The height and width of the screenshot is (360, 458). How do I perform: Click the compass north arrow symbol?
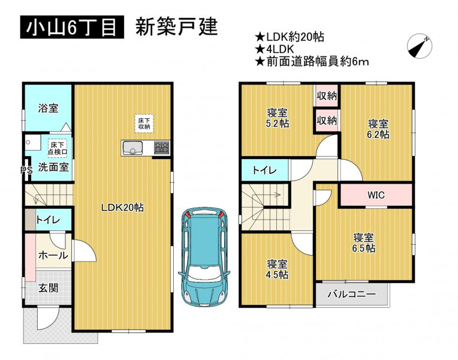point(420,46)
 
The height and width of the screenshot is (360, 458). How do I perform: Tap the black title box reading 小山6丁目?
point(72,27)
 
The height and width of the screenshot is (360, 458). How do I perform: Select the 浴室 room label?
point(48,108)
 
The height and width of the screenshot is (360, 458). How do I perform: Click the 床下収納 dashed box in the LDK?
point(144,124)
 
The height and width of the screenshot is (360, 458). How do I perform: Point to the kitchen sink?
point(132,148)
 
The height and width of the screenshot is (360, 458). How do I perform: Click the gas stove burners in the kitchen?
point(161,148)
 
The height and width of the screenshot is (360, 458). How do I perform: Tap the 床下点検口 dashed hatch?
point(58,149)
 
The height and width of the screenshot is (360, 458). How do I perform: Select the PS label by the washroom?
point(26,170)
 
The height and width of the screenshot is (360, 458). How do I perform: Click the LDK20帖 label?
point(122,208)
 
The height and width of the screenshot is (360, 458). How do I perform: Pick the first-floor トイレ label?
point(48,220)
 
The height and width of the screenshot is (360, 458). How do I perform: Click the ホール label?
point(53,256)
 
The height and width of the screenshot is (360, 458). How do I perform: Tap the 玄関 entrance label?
point(49,289)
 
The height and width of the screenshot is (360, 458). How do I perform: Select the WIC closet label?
point(376,195)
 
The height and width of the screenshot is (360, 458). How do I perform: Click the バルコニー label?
point(351,294)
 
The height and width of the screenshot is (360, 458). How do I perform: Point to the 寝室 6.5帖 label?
point(364,243)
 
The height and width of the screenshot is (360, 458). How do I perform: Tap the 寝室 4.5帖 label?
point(277,269)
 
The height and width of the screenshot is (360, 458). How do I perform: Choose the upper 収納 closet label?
point(327,95)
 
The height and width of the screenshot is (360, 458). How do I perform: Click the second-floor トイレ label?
point(264,170)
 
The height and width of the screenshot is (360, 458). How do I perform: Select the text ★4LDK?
point(275,49)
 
